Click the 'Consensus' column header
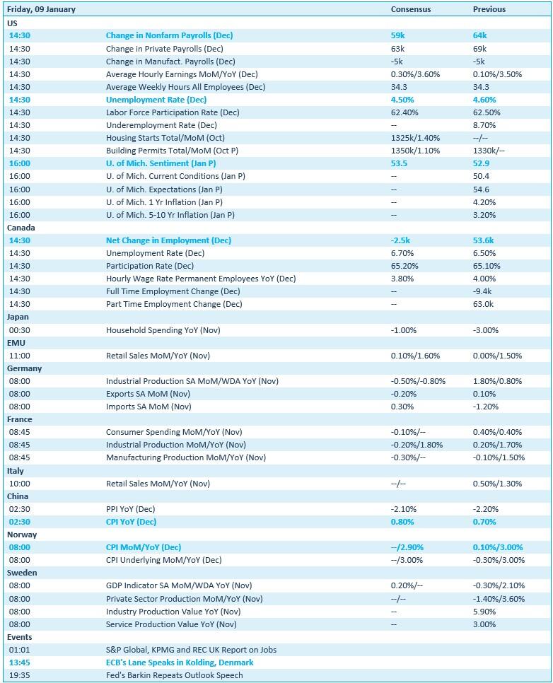(x=410, y=10)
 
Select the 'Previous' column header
(x=489, y=10)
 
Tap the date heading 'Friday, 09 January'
(x=41, y=10)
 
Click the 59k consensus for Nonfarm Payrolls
(x=397, y=35)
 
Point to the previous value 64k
(x=479, y=35)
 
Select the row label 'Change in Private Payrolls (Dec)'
(x=164, y=49)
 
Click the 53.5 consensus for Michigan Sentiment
(x=399, y=163)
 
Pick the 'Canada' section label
(x=21, y=228)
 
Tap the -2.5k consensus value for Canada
(x=400, y=240)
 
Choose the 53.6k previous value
(x=483, y=240)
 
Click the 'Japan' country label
(x=18, y=317)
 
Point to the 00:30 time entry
(x=19, y=330)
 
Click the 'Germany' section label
(x=24, y=368)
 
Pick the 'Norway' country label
(x=22, y=535)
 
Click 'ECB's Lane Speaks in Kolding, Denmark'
(x=180, y=662)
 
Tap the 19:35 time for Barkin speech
(x=19, y=675)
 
